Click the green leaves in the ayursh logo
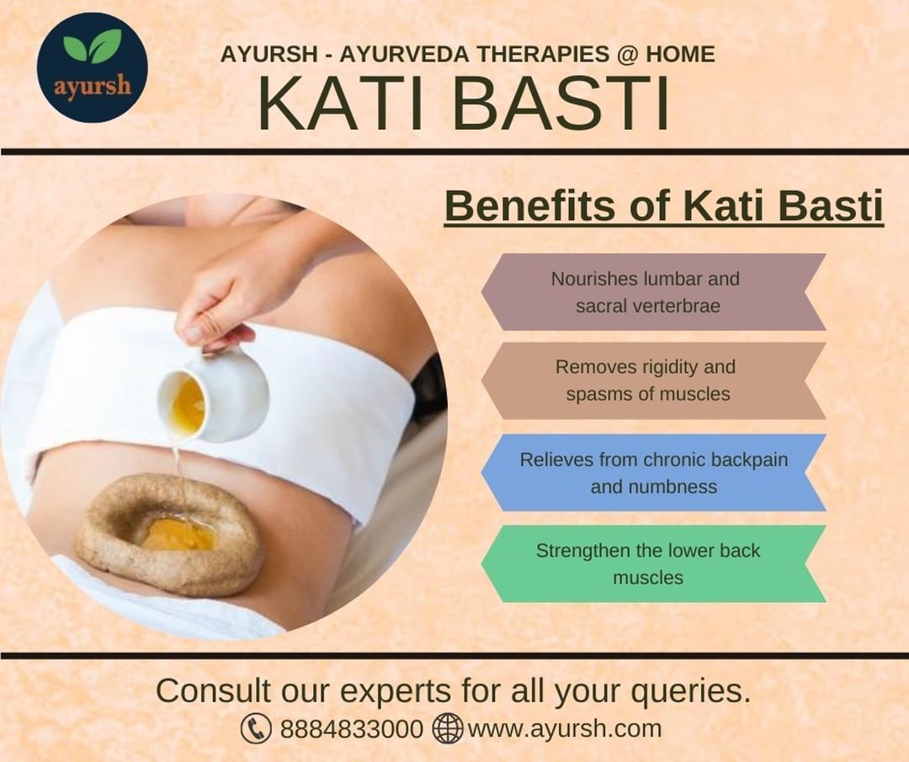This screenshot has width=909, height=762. (93, 46)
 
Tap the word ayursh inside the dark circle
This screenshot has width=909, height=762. (93, 87)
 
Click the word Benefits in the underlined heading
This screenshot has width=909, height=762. (530, 205)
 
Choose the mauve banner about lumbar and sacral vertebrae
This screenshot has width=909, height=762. (653, 292)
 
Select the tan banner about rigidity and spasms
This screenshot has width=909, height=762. (653, 381)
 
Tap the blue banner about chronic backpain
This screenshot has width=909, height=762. (653, 472)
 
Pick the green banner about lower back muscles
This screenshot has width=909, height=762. (653, 563)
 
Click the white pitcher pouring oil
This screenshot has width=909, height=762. (215, 394)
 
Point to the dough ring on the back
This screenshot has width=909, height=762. (168, 534)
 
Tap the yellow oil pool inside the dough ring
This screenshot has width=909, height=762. (178, 535)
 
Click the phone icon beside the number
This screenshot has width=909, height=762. (256, 728)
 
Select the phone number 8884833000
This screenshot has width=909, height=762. (351, 729)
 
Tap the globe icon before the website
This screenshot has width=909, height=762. (448, 728)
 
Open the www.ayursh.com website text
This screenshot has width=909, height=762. (564, 729)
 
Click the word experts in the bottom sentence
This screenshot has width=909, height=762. (396, 692)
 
